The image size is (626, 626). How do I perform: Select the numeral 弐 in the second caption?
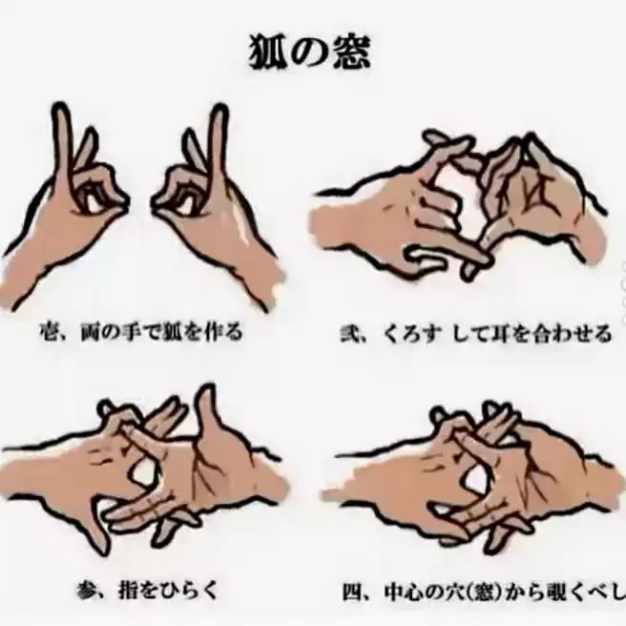click(x=350, y=334)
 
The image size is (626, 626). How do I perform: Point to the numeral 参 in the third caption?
click(x=86, y=591)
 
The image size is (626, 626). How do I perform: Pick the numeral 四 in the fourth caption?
click(x=352, y=593)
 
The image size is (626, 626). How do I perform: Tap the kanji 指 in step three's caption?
click(x=129, y=591)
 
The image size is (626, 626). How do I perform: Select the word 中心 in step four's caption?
click(x=405, y=593)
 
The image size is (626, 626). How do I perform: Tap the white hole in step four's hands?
click(x=476, y=482)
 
